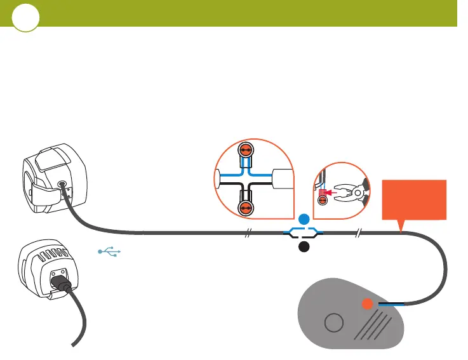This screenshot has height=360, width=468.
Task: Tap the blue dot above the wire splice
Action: click(x=304, y=220)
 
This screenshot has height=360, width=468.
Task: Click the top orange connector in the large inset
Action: click(x=245, y=151)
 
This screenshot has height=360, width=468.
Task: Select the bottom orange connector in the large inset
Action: click(x=245, y=208)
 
